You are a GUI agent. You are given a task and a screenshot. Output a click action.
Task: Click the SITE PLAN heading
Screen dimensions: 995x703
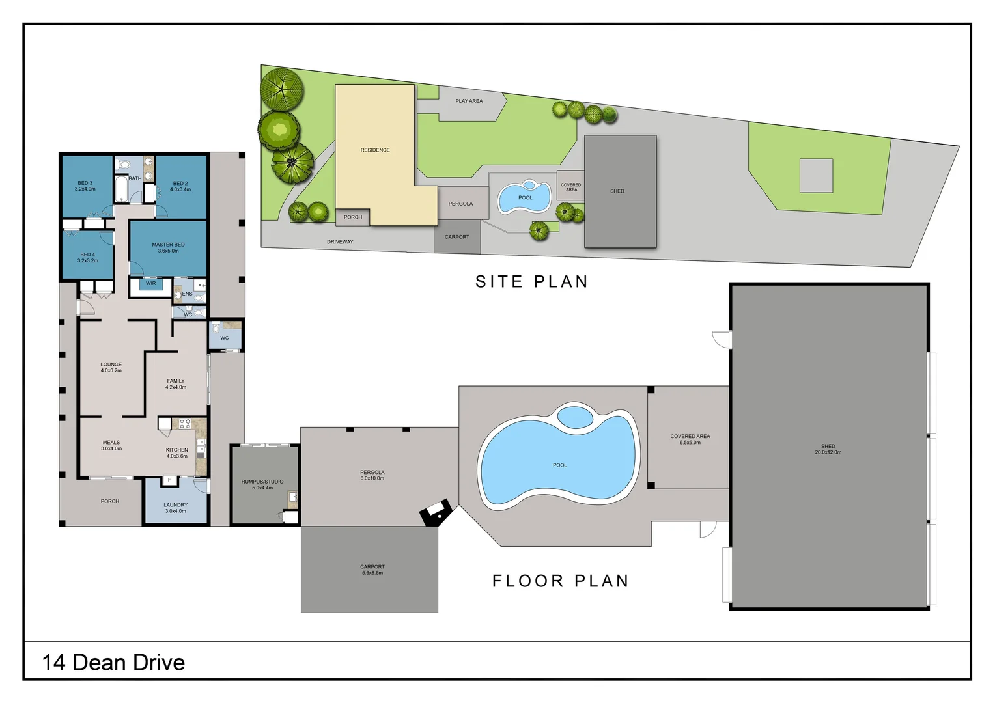coord(532,282)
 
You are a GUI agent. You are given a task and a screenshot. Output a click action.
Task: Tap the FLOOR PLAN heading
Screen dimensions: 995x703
coord(561,581)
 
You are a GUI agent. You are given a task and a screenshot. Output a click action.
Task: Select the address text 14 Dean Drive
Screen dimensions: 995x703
coord(113,662)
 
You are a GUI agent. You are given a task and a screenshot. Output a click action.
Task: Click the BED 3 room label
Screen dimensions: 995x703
coord(85,186)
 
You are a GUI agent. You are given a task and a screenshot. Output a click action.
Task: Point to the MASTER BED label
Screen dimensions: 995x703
coord(169,247)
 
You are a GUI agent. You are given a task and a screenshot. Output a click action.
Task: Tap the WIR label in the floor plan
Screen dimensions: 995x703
coord(150,283)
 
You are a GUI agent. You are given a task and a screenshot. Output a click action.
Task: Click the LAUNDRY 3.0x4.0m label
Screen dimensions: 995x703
coord(175,508)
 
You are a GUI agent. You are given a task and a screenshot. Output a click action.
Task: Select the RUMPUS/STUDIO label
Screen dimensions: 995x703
coord(262,484)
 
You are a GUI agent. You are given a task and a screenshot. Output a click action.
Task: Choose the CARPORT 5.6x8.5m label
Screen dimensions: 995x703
coord(372,570)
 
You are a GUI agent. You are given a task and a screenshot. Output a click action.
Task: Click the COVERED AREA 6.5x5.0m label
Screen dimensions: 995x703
coord(690,439)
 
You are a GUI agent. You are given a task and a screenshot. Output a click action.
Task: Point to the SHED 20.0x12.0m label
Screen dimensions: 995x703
coord(828,449)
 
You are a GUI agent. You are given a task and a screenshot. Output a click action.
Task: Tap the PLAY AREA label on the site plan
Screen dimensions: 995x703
coord(469,101)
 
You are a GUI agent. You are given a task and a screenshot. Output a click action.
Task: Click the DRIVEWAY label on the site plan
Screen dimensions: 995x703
coord(341,242)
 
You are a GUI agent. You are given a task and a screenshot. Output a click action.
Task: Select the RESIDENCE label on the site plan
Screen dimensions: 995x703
coord(375,150)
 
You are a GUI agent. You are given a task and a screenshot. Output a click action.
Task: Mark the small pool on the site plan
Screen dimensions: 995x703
coord(524,197)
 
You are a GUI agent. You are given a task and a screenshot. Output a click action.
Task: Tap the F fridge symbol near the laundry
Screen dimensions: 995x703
coord(169,480)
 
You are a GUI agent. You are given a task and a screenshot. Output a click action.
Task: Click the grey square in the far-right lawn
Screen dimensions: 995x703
coord(817,176)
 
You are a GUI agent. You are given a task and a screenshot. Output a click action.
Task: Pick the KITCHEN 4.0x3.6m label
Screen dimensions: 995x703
coord(176,453)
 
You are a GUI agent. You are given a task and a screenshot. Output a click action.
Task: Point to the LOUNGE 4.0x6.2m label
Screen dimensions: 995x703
coord(111,367)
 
